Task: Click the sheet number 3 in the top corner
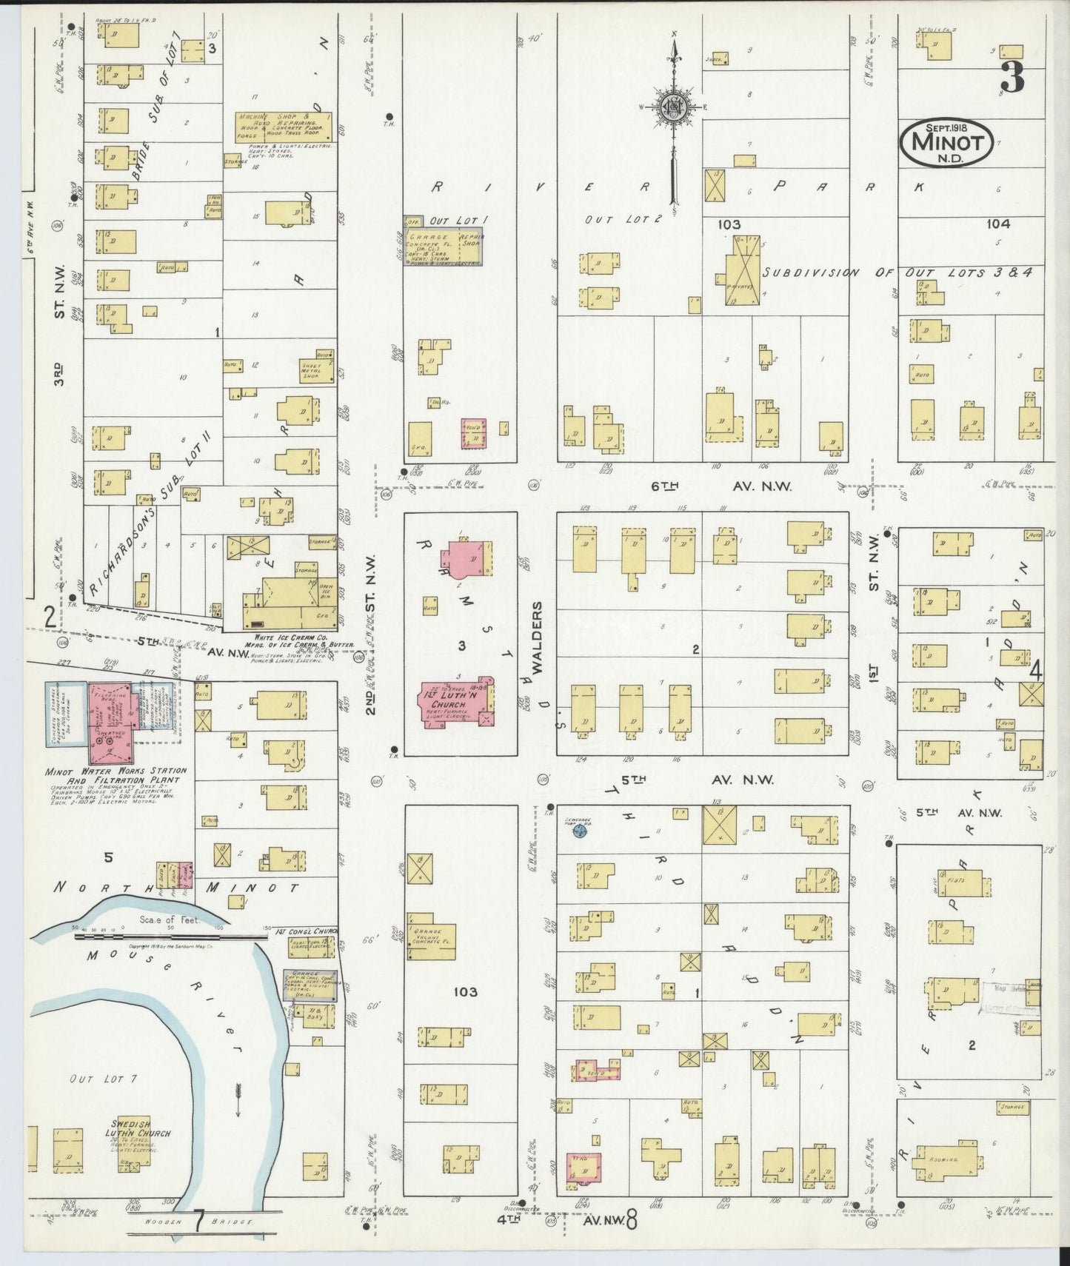tap(1011, 77)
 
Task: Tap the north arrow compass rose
tap(674, 106)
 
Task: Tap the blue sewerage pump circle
tap(581, 834)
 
